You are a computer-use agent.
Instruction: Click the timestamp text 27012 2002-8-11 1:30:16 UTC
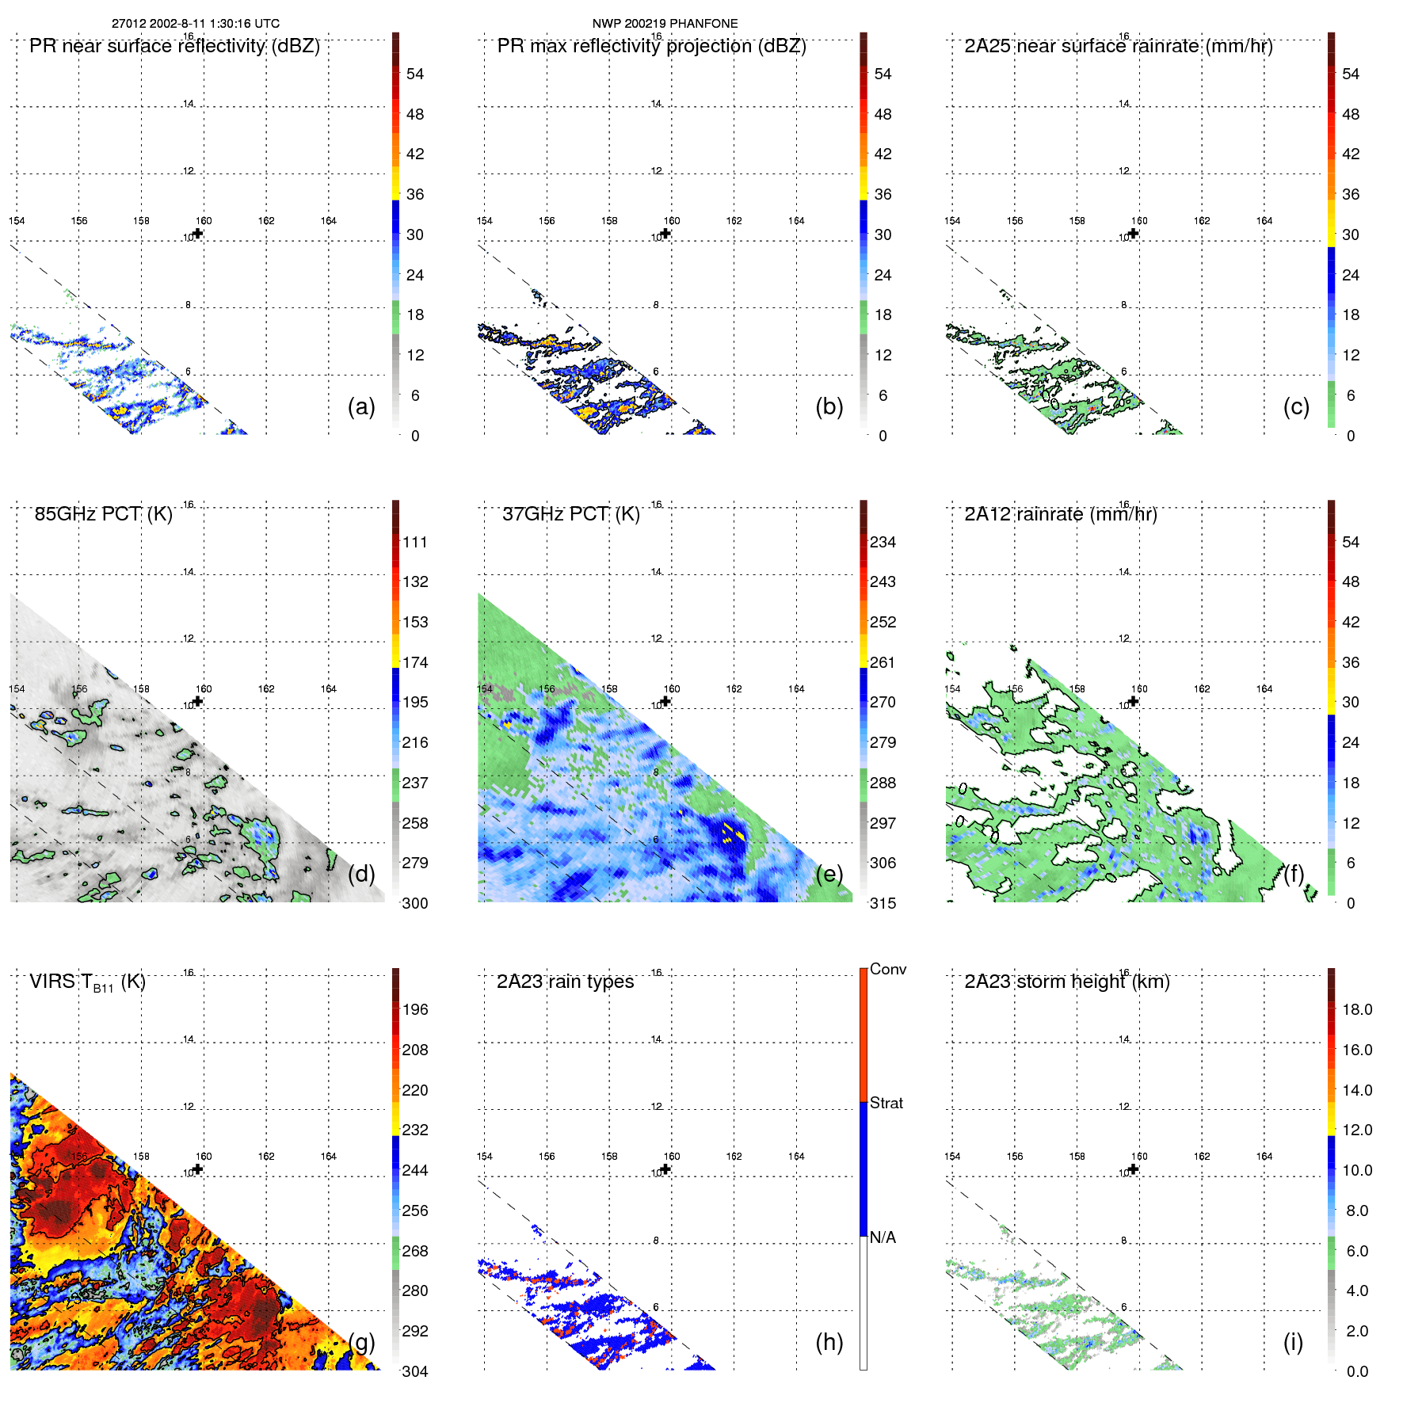[x=195, y=23]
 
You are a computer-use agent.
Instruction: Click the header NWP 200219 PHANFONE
[x=665, y=23]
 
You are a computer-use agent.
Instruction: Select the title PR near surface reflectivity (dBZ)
[x=174, y=46]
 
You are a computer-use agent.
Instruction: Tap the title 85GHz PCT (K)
[x=103, y=514]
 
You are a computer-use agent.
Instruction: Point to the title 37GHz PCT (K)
[x=570, y=514]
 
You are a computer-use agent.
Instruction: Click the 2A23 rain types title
[x=565, y=982]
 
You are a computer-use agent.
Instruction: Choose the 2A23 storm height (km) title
[x=1066, y=982]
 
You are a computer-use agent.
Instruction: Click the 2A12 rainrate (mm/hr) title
[x=1060, y=514]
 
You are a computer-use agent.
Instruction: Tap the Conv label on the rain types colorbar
[x=887, y=969]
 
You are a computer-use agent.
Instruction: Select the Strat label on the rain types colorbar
[x=886, y=1103]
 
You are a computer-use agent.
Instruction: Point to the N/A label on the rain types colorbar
[x=882, y=1237]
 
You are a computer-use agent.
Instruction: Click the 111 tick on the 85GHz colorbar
[x=414, y=542]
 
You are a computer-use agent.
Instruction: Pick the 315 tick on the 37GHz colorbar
[x=883, y=903]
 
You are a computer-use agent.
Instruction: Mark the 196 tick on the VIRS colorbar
[x=414, y=1009]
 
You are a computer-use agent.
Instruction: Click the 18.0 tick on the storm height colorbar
[x=1356, y=1009]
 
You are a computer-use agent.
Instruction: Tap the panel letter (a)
[x=360, y=406]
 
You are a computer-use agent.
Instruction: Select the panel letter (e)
[x=829, y=874]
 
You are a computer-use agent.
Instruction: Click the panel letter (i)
[x=1292, y=1342]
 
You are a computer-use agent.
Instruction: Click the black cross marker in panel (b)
[x=665, y=233]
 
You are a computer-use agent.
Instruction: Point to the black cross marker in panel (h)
[x=665, y=1169]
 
